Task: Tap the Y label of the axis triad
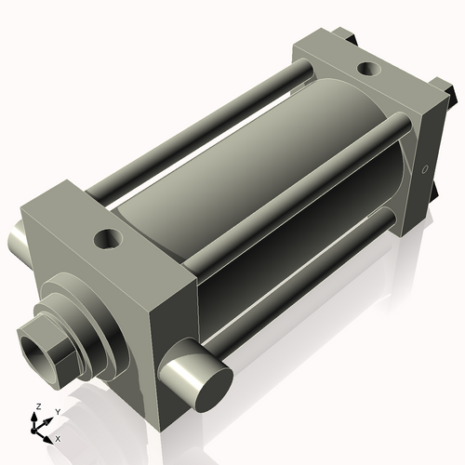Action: [x=57, y=411]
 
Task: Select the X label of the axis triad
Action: [x=59, y=437]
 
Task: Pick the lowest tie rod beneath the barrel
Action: [x=307, y=279]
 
